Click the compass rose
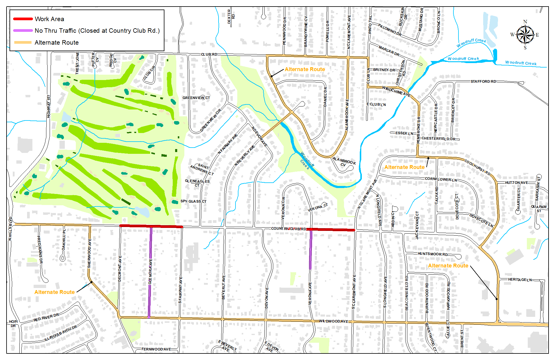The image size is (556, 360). click(525, 35)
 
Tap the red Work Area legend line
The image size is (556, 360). click(23, 19)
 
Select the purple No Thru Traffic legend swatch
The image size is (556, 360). click(23, 31)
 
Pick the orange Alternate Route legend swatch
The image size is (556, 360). click(23, 43)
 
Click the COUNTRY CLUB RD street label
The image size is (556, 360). click(288, 229)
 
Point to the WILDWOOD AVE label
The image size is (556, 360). click(333, 321)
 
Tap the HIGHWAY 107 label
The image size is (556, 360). click(48, 106)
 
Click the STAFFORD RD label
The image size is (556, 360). click(483, 82)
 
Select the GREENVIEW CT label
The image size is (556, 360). click(196, 98)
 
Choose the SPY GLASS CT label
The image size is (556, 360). click(193, 201)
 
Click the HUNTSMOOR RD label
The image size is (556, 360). click(433, 254)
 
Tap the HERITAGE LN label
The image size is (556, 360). click(520, 280)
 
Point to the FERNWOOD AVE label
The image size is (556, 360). click(156, 349)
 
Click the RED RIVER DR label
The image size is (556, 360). click(46, 318)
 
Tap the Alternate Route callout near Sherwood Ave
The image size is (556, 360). click(54, 292)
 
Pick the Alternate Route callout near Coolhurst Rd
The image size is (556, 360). click(404, 167)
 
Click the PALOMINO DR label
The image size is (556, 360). click(390, 30)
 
